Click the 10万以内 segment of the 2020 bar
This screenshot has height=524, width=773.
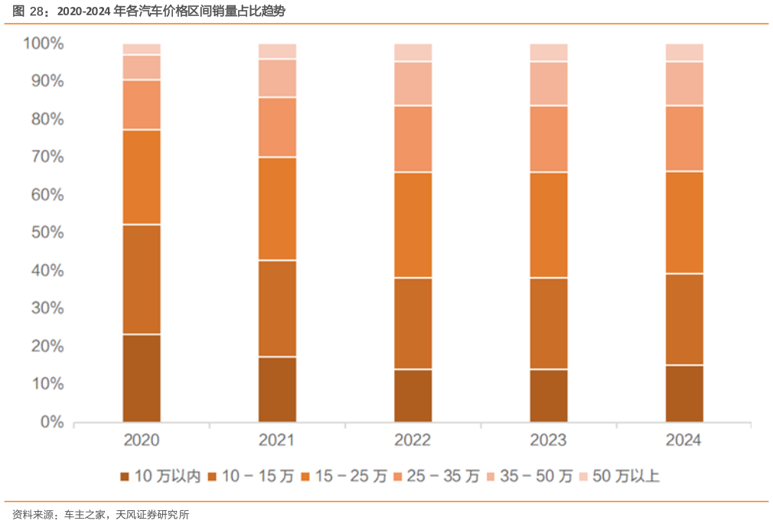pos(142,378)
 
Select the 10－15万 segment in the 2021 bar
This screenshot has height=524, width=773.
pos(277,308)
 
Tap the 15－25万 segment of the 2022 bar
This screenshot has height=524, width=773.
pos(413,225)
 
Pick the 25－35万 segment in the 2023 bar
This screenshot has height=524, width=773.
pos(549,138)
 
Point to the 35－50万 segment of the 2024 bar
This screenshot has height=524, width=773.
pos(684,83)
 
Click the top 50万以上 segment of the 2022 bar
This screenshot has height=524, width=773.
pos(413,52)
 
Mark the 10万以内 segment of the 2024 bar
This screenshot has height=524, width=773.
pos(684,393)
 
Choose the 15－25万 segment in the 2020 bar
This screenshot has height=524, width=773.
pos(142,177)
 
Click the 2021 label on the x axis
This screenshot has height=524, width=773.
pos(277,441)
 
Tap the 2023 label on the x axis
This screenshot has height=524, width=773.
pos(549,441)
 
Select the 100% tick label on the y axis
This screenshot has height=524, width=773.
pos(44,44)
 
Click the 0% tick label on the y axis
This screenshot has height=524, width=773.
pos(51,421)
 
